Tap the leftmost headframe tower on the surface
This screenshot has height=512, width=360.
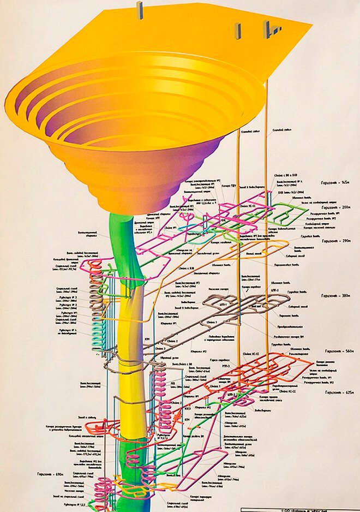[140, 10]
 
